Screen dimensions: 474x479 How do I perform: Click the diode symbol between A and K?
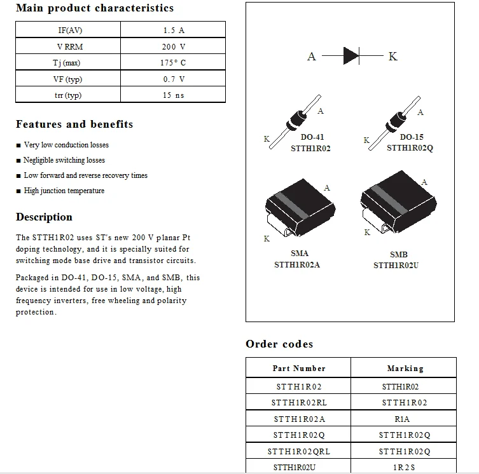[351, 56]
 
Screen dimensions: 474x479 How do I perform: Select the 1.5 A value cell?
[173, 30]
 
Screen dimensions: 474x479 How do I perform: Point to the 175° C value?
[173, 63]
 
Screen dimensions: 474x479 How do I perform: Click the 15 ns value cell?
[173, 95]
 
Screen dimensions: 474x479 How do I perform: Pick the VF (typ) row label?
[67, 79]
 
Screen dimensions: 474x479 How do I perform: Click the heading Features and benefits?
[74, 125]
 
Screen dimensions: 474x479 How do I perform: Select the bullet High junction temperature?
[64, 191]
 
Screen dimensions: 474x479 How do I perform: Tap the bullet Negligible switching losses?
[64, 160]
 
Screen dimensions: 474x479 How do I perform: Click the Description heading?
[44, 217]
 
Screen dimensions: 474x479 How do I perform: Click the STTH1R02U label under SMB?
[396, 265]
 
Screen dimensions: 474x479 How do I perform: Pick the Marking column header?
[405, 369]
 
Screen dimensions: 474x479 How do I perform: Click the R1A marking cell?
[402, 419]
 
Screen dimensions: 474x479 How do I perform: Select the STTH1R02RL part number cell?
[299, 402]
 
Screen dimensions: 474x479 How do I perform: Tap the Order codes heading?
[279, 344]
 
